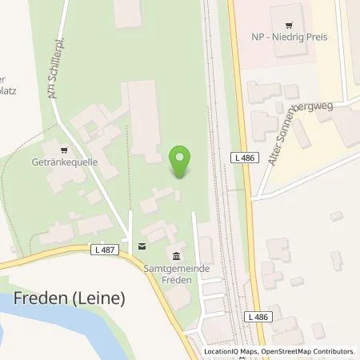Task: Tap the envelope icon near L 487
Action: pos(141,246)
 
